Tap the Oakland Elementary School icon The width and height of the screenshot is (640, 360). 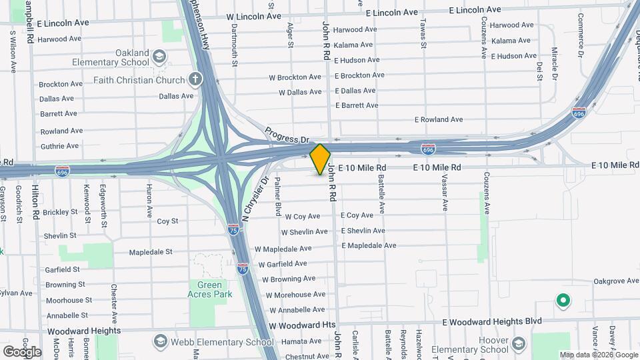[x=160, y=55]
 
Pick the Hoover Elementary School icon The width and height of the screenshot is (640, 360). [x=519, y=345]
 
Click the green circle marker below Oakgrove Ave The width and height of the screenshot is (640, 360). [x=563, y=301]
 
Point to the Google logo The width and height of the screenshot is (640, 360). [x=22, y=351]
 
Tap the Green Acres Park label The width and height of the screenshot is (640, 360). [x=209, y=289]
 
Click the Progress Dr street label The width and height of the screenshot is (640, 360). [x=287, y=135]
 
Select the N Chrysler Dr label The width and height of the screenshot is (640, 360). [x=254, y=199]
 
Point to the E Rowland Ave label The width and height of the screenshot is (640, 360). [x=438, y=120]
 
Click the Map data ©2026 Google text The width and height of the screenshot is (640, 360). [x=599, y=355]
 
